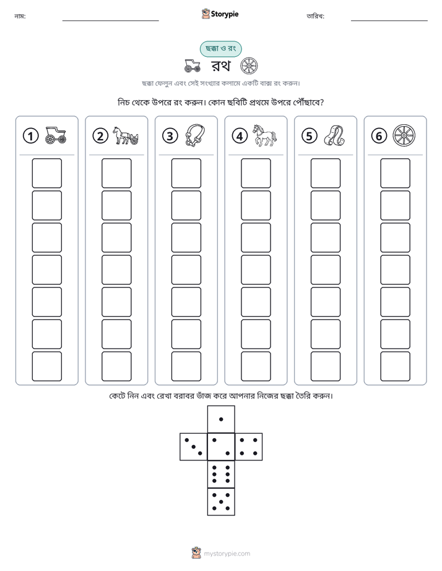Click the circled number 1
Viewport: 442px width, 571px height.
click(30, 136)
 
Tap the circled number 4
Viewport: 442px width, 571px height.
click(240, 136)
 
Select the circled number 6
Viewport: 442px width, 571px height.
click(379, 136)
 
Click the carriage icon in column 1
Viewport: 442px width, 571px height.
click(56, 135)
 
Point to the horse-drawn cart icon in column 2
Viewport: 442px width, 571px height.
click(126, 135)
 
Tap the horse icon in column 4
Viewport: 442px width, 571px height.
click(265, 135)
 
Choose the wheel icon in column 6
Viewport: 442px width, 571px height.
click(404, 135)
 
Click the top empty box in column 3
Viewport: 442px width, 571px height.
click(186, 173)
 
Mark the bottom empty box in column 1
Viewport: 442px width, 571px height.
click(46, 366)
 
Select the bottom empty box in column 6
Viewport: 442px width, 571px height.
click(395, 366)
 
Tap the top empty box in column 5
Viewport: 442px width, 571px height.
click(325, 173)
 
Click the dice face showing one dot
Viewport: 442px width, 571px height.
click(221, 419)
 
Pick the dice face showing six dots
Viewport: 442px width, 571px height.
click(221, 474)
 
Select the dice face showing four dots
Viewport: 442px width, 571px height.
click(249, 447)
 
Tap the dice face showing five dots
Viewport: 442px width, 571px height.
click(221, 502)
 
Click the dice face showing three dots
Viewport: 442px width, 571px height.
click(194, 447)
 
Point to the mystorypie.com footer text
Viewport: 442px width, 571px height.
click(227, 554)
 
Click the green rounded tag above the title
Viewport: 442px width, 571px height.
click(220, 49)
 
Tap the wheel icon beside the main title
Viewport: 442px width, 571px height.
click(249, 66)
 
